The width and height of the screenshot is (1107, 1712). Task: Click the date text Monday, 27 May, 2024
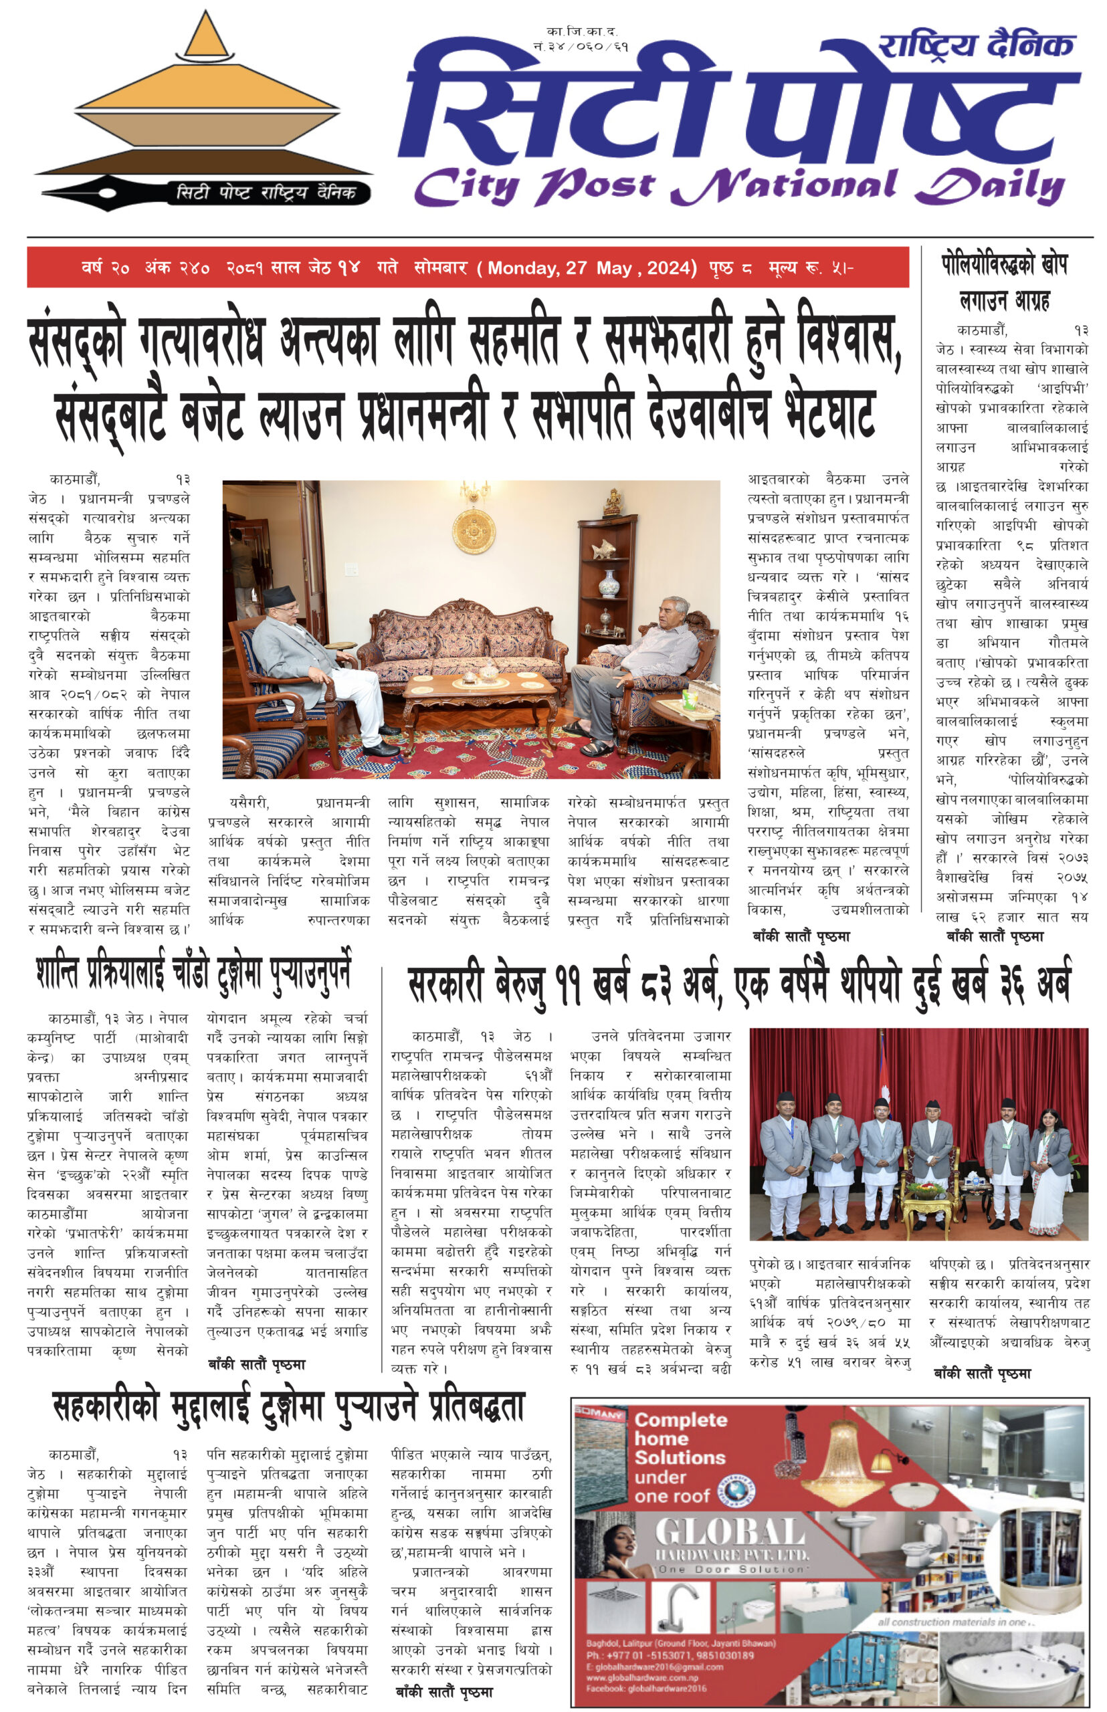tap(591, 268)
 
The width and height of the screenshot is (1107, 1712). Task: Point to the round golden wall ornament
tap(474, 531)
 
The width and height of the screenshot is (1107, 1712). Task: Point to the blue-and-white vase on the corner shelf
tap(608, 582)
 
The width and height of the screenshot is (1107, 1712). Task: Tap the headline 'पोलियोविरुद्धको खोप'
tap(1004, 265)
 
